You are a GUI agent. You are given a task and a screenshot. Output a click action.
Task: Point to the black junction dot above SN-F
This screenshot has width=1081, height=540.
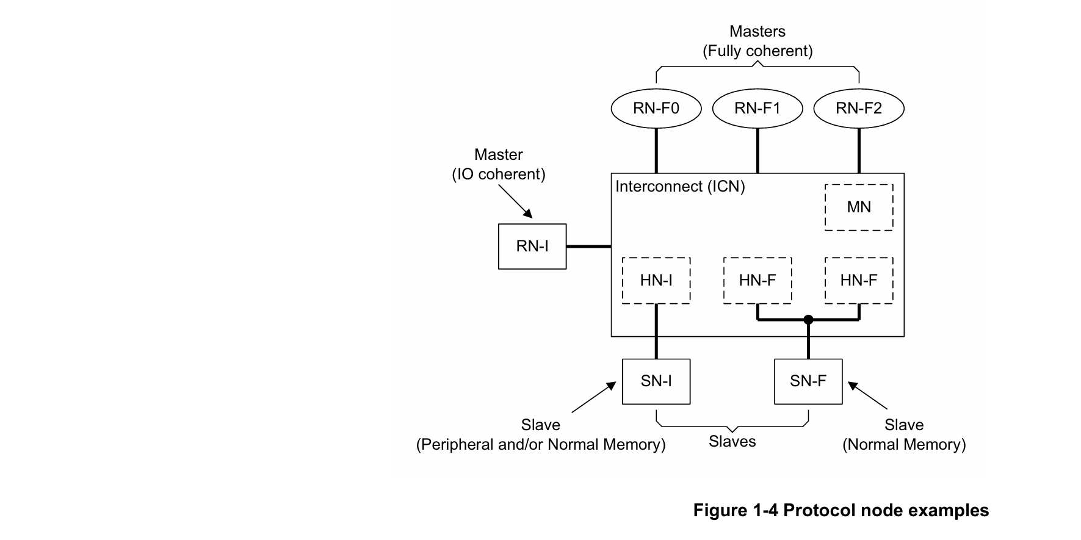808,320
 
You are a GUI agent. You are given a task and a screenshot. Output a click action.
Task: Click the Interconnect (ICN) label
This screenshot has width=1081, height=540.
680,187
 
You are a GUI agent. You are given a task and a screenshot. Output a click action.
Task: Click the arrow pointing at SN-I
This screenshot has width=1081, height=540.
593,398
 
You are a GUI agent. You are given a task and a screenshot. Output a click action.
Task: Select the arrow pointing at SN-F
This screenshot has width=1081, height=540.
867,395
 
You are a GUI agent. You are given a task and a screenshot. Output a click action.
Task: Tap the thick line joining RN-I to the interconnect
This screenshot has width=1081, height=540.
588,247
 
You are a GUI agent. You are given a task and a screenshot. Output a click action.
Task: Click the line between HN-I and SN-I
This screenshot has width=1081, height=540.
656,331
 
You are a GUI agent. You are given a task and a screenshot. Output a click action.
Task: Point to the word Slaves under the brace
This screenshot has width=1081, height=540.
732,441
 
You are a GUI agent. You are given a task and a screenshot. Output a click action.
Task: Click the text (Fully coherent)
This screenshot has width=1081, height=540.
757,51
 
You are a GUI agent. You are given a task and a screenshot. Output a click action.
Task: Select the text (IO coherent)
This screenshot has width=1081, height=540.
499,175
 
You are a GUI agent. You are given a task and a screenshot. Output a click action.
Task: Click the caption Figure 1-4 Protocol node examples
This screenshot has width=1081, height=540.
841,510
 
